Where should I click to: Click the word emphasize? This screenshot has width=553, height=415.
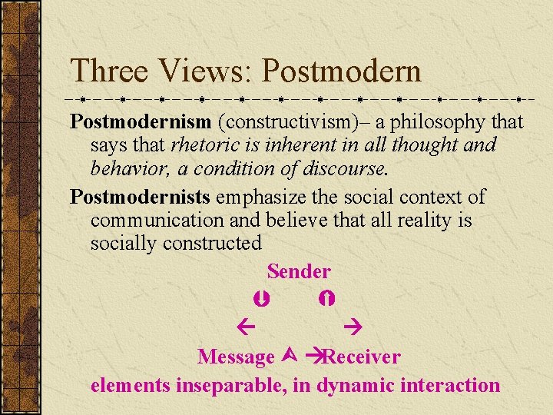click(x=265, y=198)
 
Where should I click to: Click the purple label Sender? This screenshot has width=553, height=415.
click(x=299, y=271)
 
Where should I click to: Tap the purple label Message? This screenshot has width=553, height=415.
click(x=236, y=357)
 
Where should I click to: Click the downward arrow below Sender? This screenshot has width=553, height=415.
click(x=260, y=297)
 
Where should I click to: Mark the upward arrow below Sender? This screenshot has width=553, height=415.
click(x=328, y=297)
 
